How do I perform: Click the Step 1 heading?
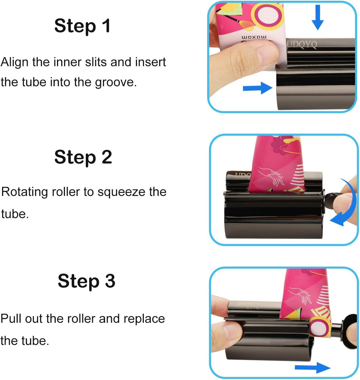[82, 26]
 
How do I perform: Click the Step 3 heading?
[86, 281]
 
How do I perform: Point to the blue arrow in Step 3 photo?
[312, 367]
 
